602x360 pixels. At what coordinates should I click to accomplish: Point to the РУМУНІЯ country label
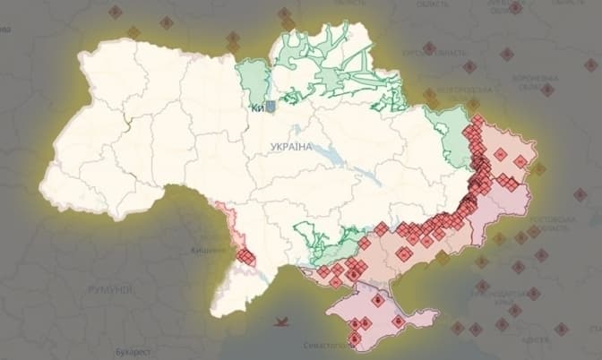[x=109, y=290]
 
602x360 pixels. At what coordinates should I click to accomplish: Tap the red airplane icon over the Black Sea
[x=283, y=320]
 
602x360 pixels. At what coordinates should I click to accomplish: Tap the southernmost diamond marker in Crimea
[x=356, y=339]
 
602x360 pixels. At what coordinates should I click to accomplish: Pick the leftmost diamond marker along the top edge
[x=115, y=12]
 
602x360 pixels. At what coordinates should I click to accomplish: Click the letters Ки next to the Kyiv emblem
[x=256, y=108]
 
